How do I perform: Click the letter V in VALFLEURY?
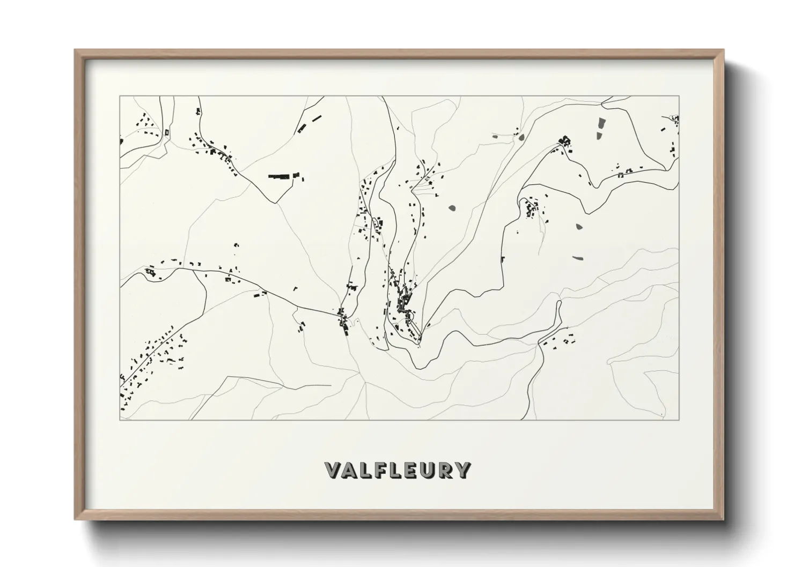pyautogui.click(x=333, y=470)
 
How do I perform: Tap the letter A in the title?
pyautogui.click(x=350, y=470)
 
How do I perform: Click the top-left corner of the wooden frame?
pyautogui.click(x=75, y=50)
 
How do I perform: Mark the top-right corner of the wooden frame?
pyautogui.click(x=724, y=50)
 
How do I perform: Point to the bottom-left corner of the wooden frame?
pyautogui.click(x=75, y=519)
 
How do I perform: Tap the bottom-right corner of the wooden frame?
pyautogui.click(x=724, y=519)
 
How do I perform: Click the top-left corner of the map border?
pyautogui.click(x=120, y=96)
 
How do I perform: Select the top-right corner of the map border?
pyautogui.click(x=679, y=96)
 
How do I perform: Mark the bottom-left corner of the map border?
pyautogui.click(x=120, y=420)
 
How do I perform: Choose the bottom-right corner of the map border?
pyautogui.click(x=679, y=420)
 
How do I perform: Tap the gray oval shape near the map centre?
pyautogui.click(x=452, y=207)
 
